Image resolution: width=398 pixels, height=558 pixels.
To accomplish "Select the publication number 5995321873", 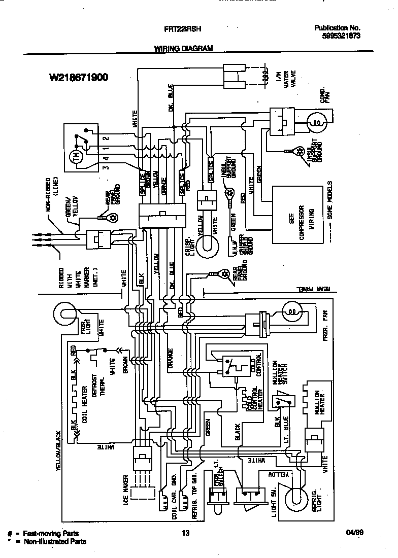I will (341, 36).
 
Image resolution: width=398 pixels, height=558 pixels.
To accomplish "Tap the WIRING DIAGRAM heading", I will (183, 48).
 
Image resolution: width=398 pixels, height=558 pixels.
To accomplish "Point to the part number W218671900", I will (79, 78).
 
